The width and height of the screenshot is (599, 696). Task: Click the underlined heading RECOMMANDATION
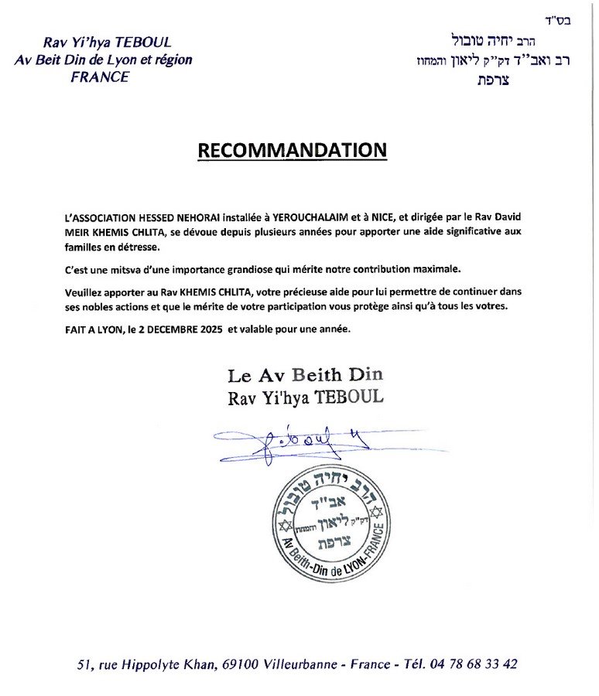292,150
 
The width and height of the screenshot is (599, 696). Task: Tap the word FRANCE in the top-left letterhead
101,77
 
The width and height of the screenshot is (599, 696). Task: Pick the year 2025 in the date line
205,329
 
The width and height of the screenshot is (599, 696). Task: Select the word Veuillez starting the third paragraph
85,292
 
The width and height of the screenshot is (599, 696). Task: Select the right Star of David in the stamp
378,512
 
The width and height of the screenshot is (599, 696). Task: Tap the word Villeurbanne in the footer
303,664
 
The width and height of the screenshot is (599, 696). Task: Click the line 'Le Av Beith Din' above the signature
305,376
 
